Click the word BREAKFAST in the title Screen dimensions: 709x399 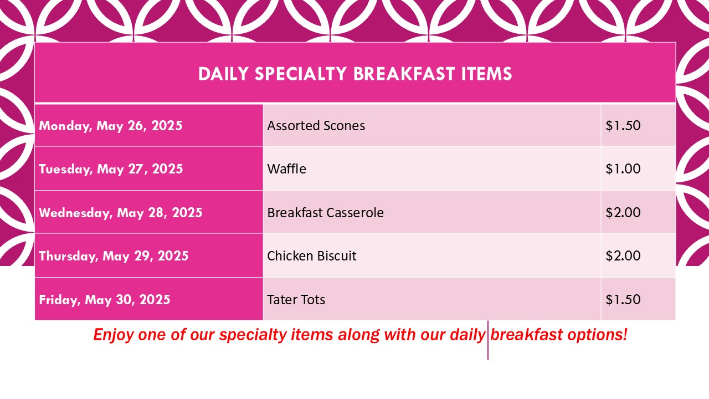[x=404, y=74]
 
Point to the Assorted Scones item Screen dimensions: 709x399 [x=316, y=126]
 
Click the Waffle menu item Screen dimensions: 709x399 [x=286, y=169]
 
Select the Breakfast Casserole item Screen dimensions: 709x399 [x=325, y=212]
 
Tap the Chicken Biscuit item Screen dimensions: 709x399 [x=312, y=256]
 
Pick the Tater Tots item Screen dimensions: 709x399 [x=296, y=300]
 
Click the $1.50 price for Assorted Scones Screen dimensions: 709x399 [x=623, y=126]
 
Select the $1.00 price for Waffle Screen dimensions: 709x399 [x=623, y=169]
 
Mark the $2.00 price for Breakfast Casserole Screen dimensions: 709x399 [x=623, y=212]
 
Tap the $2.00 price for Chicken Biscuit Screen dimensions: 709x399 [x=623, y=256]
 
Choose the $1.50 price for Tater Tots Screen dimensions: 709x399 [x=623, y=300]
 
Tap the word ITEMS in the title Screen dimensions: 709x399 [x=486, y=74]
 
